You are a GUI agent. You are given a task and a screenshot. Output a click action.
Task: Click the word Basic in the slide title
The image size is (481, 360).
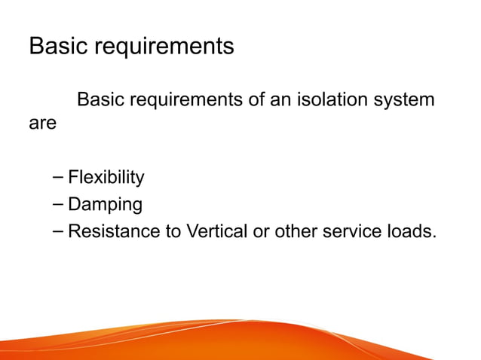tap(56, 47)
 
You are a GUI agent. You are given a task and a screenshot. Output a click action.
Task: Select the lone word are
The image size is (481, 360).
tap(42, 123)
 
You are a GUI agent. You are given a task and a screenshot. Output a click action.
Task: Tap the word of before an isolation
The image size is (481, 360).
tap(259, 99)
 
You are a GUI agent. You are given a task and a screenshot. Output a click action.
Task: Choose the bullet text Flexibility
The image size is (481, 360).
tap(106, 178)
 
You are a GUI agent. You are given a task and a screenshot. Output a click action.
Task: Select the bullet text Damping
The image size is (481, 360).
tap(105, 205)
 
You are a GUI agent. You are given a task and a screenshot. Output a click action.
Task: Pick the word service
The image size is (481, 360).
tap(354, 231)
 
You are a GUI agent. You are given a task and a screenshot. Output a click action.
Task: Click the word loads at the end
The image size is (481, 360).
tap(412, 231)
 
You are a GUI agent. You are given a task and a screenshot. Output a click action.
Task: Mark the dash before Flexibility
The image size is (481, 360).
tap(59, 178)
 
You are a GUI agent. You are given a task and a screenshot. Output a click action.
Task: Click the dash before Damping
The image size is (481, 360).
tap(59, 205)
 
